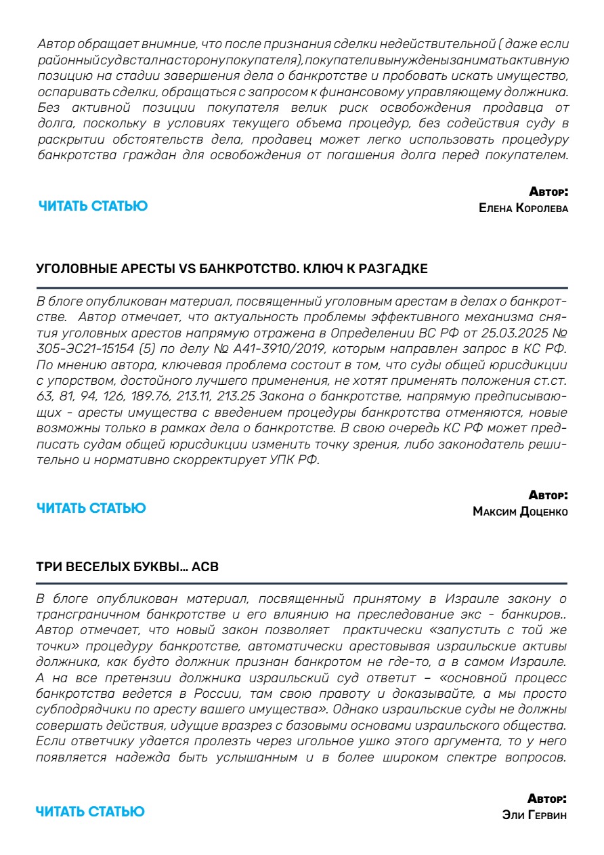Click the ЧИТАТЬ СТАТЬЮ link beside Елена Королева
point(93,206)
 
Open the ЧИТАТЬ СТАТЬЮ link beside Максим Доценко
point(91,508)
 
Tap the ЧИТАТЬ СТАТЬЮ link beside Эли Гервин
point(90,812)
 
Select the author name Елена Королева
point(523,208)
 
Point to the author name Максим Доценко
point(520,512)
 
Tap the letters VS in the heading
point(186,269)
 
